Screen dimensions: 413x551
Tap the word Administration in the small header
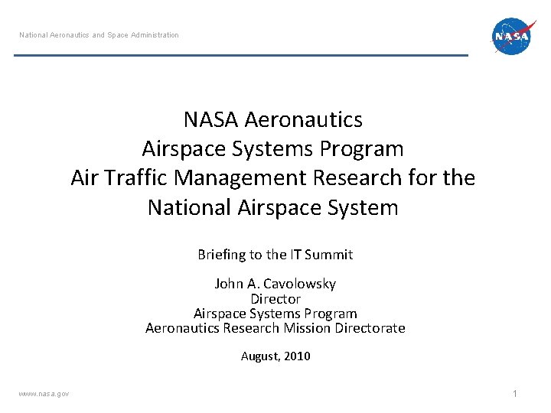click(x=154, y=35)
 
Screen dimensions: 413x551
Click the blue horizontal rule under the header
click(x=241, y=55)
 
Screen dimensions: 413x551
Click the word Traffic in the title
click(x=139, y=178)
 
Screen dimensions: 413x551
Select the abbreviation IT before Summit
click(x=296, y=255)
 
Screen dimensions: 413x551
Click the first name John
click(x=229, y=284)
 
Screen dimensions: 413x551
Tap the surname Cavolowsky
click(x=299, y=284)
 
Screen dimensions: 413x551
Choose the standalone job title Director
click(x=275, y=299)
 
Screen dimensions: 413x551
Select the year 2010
click(x=297, y=356)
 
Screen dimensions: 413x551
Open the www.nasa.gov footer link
click(x=44, y=393)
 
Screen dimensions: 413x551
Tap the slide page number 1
click(x=515, y=393)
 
